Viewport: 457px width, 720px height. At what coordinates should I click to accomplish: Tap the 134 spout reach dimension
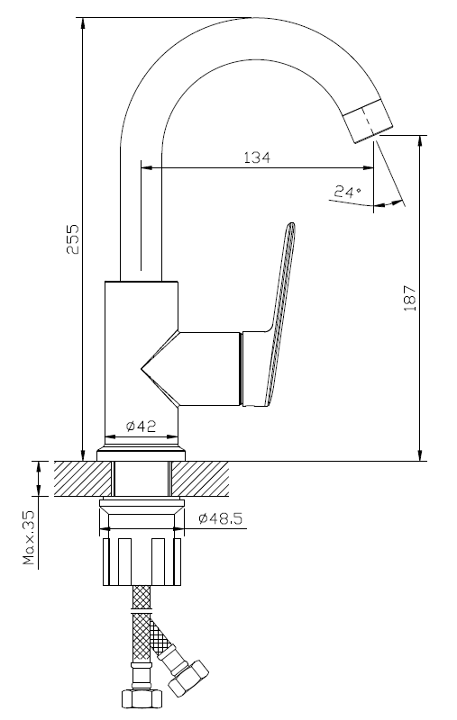[x=257, y=157]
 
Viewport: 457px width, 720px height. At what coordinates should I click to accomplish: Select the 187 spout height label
[x=409, y=298]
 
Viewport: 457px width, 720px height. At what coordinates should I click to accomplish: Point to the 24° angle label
[x=348, y=192]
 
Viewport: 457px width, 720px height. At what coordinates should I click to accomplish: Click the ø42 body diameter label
[x=142, y=427]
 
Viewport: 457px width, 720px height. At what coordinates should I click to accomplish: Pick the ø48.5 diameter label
[x=220, y=519]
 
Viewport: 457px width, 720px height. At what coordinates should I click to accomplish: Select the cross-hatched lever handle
[x=279, y=312]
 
